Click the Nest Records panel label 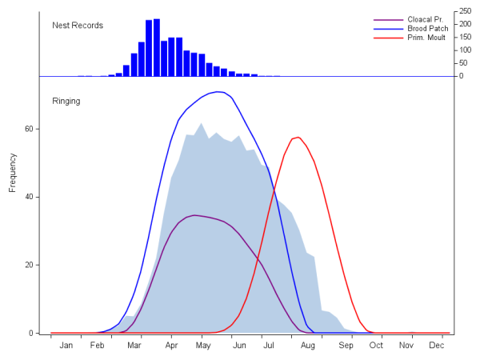click(x=78, y=25)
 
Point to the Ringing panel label click(x=66, y=101)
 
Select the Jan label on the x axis click(x=66, y=346)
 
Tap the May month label click(x=203, y=346)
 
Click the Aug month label click(x=307, y=346)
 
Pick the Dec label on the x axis click(x=437, y=346)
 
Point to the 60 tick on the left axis click(x=30, y=128)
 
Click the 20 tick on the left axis click(x=30, y=265)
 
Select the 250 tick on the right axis click(x=466, y=11)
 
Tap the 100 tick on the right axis click(x=466, y=50)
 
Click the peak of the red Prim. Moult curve click(x=298, y=138)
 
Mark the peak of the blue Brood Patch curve click(x=218, y=92)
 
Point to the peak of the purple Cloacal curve click(x=194, y=215)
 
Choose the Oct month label click(x=376, y=346)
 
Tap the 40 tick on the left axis click(x=30, y=197)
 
